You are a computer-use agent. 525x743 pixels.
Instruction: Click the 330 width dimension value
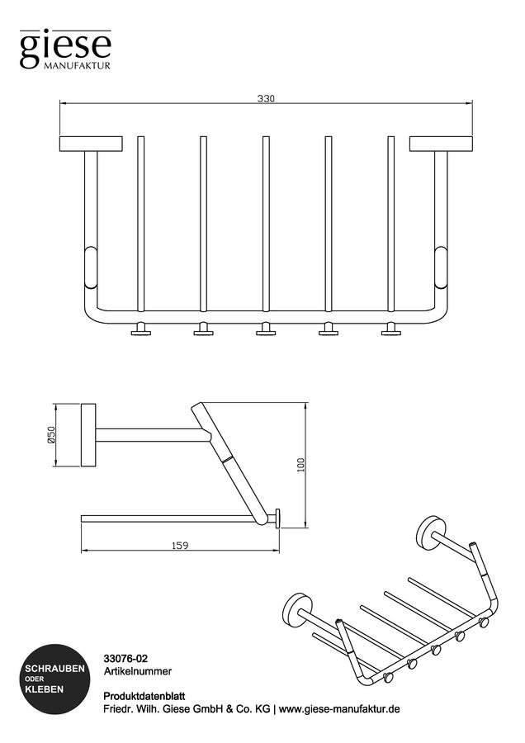(266, 99)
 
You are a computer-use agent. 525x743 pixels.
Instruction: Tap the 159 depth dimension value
(180, 546)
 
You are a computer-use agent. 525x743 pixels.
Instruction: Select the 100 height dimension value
(300, 464)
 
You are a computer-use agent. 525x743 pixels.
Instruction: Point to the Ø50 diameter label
(51, 434)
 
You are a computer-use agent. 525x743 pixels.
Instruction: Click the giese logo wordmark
(65, 49)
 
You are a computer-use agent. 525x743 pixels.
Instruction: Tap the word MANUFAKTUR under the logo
(78, 66)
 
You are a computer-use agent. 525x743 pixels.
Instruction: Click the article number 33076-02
(125, 659)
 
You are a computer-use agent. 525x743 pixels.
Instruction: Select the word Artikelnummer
(137, 671)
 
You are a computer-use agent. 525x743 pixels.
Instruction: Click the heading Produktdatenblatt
(144, 697)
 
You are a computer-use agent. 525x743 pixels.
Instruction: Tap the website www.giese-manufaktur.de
(339, 709)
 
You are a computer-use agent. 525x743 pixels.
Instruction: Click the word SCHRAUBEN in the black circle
(55, 669)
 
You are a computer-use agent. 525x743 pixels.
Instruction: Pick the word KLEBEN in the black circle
(44, 689)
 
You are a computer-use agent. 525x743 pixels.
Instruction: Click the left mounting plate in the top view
(91, 144)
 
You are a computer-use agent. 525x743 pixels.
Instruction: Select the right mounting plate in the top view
(441, 144)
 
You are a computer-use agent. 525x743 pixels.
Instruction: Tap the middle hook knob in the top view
(266, 329)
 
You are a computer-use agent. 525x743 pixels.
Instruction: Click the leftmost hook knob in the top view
(140, 329)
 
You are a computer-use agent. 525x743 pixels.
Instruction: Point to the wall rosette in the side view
(88, 435)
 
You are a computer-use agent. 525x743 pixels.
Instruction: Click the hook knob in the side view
(277, 518)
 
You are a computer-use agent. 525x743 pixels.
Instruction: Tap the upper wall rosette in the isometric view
(431, 533)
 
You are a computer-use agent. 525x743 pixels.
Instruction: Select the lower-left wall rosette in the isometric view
(298, 610)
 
